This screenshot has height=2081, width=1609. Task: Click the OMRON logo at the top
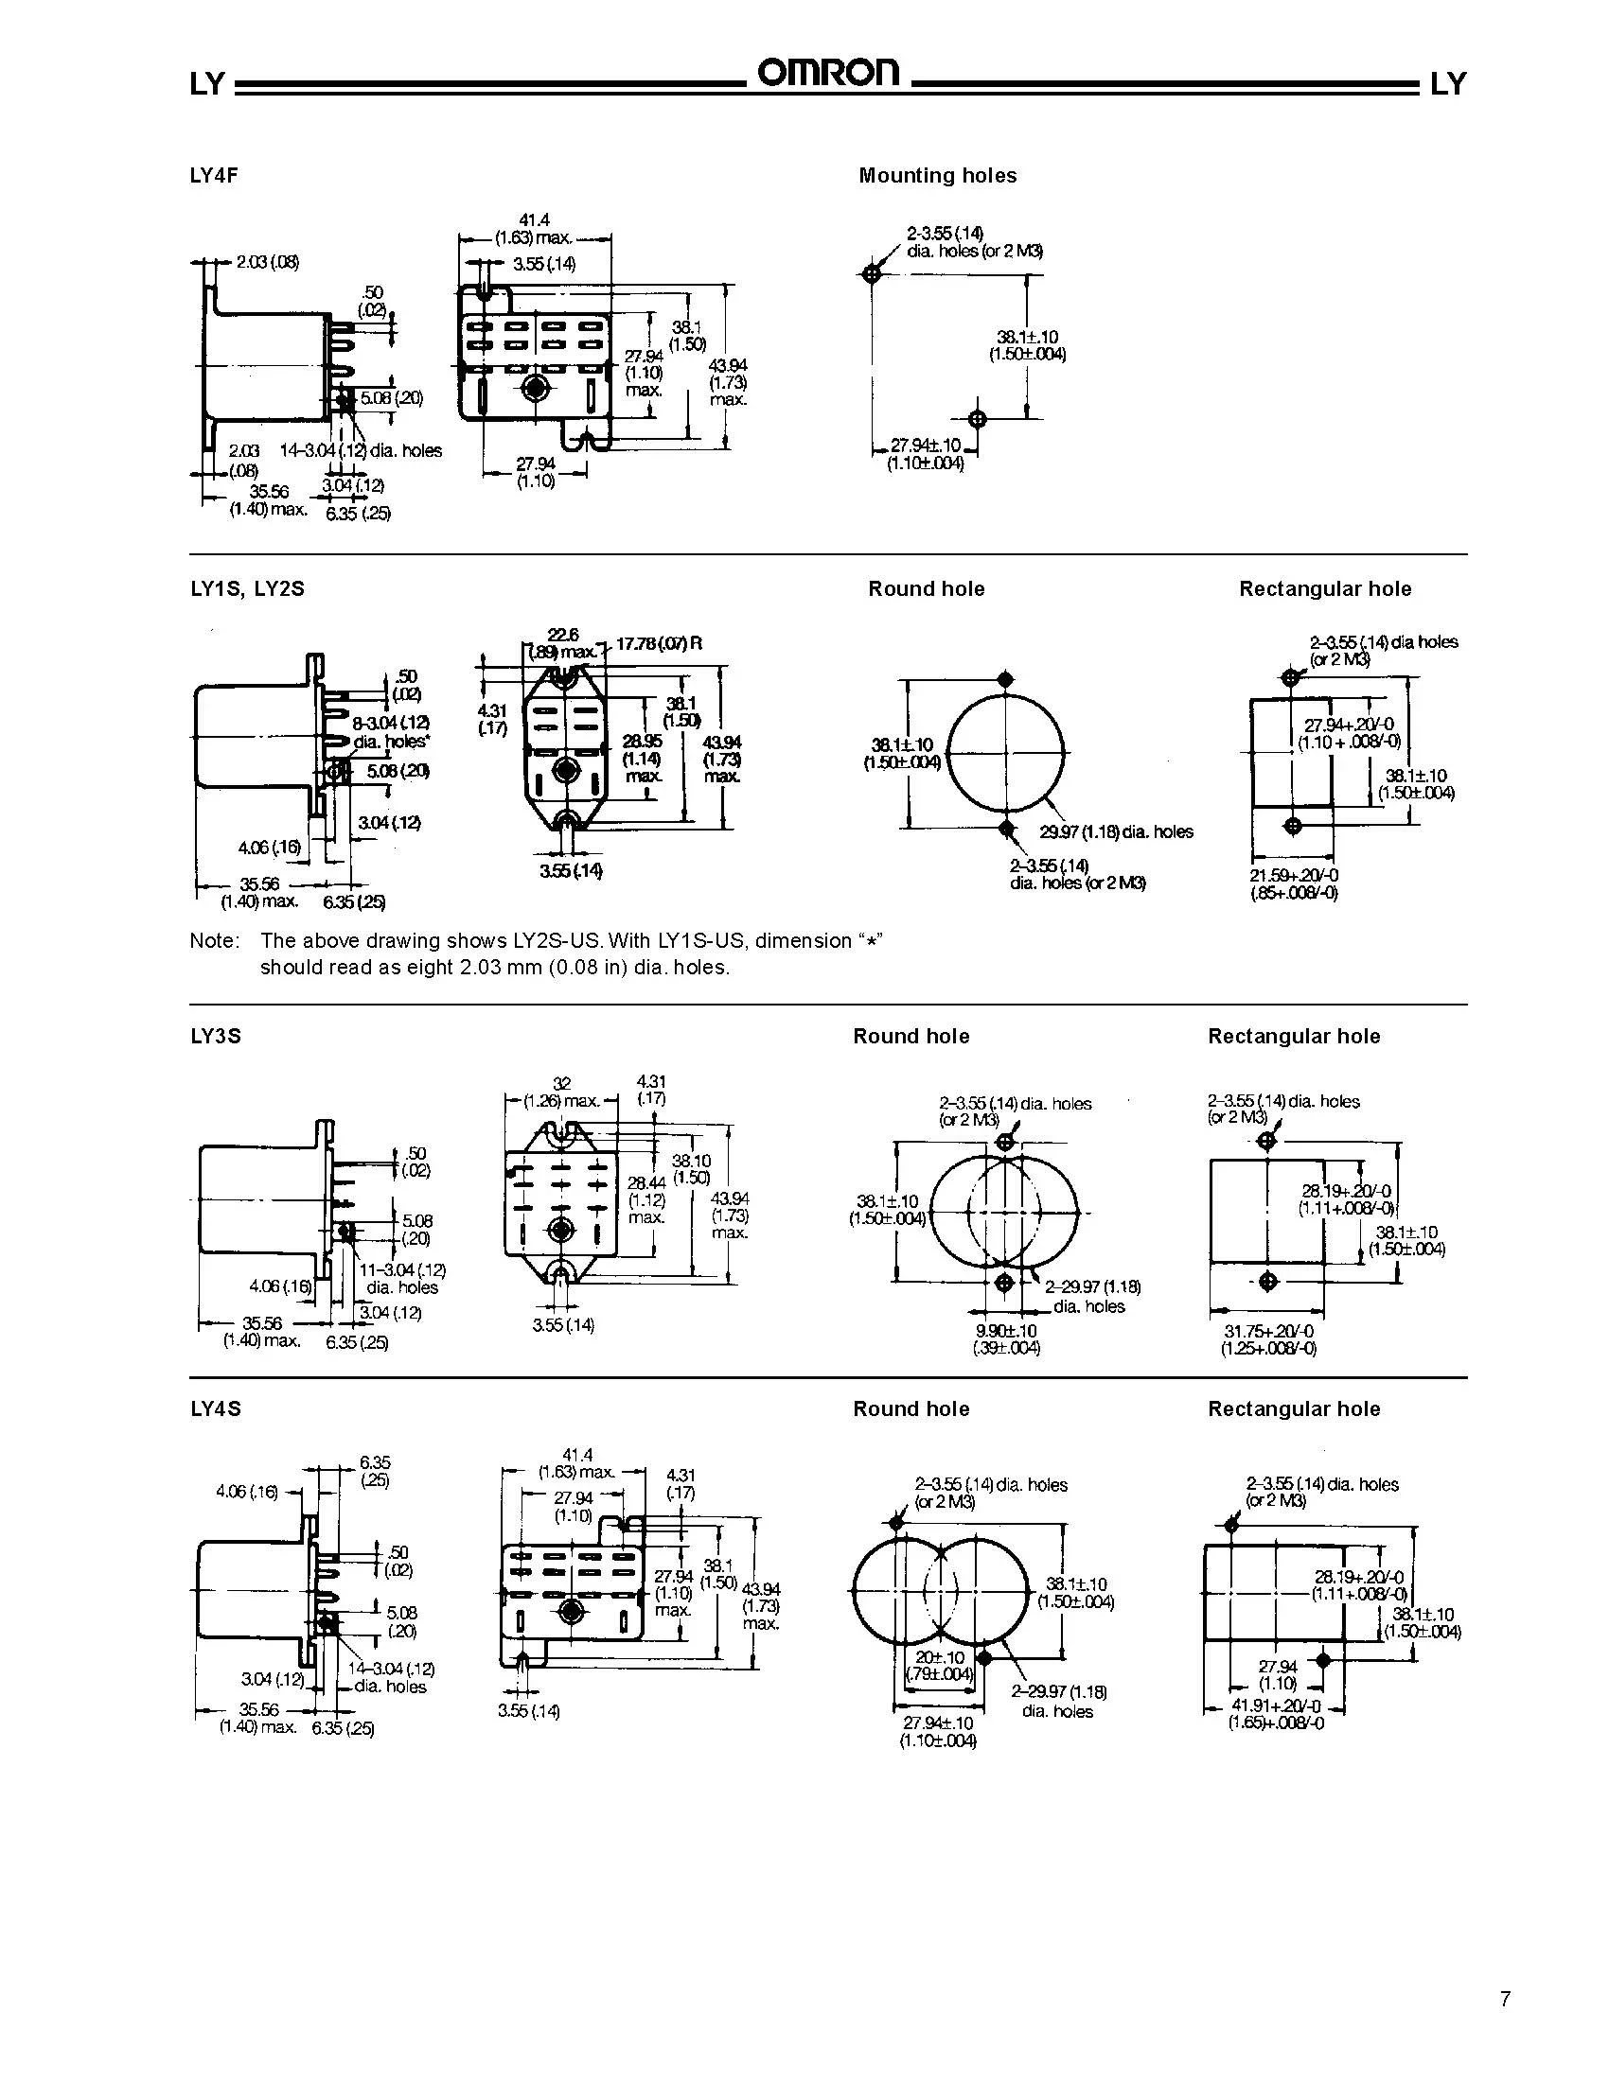tap(827, 75)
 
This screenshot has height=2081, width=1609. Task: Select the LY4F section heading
tap(214, 175)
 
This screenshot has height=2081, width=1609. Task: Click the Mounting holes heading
tap(937, 175)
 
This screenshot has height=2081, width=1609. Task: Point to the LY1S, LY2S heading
tap(247, 589)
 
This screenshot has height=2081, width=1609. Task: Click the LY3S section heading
tap(216, 1036)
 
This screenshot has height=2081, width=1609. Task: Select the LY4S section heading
tap(216, 1408)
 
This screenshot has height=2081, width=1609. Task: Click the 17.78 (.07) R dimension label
tap(659, 643)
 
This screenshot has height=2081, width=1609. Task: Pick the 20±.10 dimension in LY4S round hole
tap(940, 1657)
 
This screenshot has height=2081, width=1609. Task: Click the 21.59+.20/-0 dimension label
tap(1294, 876)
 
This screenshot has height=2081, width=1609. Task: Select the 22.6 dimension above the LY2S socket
tap(562, 635)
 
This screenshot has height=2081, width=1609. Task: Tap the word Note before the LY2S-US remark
tap(214, 940)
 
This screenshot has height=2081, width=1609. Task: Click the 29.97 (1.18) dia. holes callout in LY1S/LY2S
tap(1115, 831)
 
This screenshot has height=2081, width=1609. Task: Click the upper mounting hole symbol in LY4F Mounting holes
tap(870, 274)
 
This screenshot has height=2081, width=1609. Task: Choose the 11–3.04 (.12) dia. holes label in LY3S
tap(402, 1279)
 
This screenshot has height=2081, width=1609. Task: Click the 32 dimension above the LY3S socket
tap(561, 1083)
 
